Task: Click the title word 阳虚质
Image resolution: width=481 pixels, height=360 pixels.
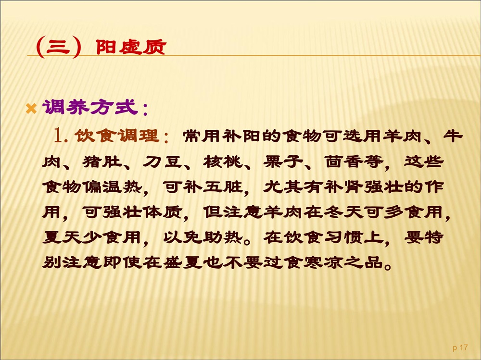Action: [131, 47]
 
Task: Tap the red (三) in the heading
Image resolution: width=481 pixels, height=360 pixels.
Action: [59, 47]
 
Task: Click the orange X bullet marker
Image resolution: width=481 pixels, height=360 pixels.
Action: [31, 109]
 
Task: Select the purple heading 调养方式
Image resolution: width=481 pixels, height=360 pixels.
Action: [89, 107]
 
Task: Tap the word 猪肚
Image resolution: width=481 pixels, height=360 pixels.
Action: [102, 161]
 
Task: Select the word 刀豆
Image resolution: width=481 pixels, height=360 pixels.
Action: [163, 161]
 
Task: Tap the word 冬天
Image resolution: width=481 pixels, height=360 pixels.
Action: [343, 212]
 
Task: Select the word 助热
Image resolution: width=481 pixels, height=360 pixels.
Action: [223, 237]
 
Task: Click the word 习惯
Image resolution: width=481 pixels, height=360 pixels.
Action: [343, 237]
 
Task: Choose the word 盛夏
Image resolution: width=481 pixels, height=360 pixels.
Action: [183, 262]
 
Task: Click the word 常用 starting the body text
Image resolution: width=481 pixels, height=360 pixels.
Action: [203, 136]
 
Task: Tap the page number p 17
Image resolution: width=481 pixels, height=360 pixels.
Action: [460, 348]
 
